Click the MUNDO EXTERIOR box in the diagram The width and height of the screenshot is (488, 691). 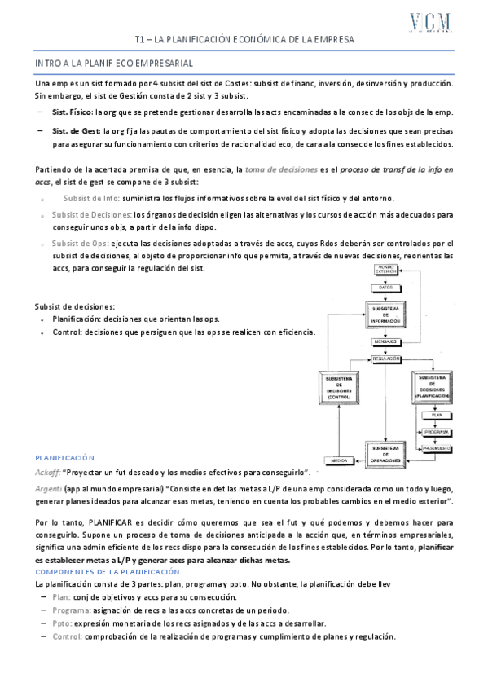coord(386,270)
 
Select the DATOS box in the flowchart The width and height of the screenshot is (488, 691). coord(386,288)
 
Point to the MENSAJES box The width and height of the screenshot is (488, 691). coord(386,341)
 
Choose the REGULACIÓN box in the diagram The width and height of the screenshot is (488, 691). coord(386,359)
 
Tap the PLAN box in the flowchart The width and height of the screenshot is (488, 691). coord(436,414)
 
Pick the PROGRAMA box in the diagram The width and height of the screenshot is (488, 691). coord(436,432)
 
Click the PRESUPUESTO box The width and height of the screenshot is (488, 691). coord(436,449)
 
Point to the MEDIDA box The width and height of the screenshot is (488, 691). coord(339,460)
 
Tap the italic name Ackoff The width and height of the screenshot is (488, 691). coord(48,473)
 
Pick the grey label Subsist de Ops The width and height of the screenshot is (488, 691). coord(80,244)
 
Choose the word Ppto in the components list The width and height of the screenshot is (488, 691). coord(62,623)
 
